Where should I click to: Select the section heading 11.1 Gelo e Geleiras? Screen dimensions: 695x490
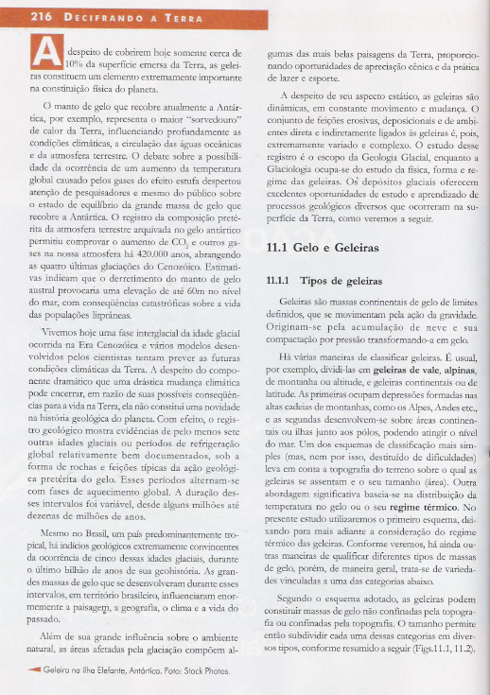322,248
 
